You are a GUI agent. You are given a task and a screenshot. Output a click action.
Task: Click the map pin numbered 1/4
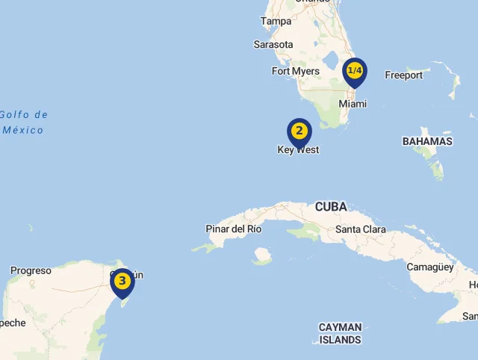pyautogui.click(x=354, y=72)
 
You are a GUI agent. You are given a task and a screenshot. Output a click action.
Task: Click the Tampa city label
pyautogui.click(x=276, y=22)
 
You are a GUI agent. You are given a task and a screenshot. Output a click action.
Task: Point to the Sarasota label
pyautogui.click(x=273, y=45)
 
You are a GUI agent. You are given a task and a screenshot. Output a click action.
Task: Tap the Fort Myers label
pyautogui.click(x=295, y=72)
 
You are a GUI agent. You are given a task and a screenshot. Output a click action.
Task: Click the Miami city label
pyautogui.click(x=353, y=104)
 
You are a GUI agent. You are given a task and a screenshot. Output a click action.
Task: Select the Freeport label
pyautogui.click(x=403, y=75)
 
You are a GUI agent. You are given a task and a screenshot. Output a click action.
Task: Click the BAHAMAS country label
pyautogui.click(x=427, y=141)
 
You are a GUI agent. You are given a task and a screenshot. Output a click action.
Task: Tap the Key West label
pyautogui.click(x=298, y=150)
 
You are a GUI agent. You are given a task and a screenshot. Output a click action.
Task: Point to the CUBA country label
pyautogui.click(x=331, y=207)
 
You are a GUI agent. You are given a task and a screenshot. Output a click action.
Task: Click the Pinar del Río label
pyautogui.click(x=234, y=229)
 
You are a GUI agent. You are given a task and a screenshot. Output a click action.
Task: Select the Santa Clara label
pyautogui.click(x=361, y=229)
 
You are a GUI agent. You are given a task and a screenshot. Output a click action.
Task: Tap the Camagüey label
pyautogui.click(x=430, y=267)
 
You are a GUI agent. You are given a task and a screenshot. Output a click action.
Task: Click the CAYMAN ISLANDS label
pyautogui.click(x=340, y=333)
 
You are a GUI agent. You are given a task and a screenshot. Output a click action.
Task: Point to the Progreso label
pyautogui.click(x=31, y=270)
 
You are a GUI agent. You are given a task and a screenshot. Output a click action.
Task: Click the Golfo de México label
pyautogui.click(x=23, y=122)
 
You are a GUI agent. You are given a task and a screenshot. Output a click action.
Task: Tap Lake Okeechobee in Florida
pyautogui.click(x=331, y=58)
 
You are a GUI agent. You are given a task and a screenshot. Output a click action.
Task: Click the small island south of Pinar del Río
pyautogui.click(x=261, y=257)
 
